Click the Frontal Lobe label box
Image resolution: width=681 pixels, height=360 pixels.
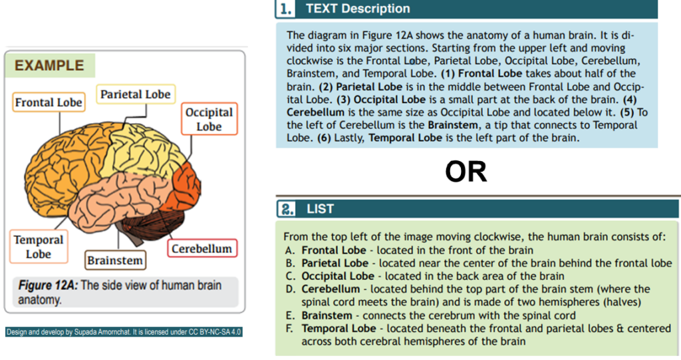click(49, 102)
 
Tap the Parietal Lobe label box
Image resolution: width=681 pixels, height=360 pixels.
click(136, 94)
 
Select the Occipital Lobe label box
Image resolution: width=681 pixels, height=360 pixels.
click(209, 118)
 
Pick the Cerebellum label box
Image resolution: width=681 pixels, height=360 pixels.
click(202, 248)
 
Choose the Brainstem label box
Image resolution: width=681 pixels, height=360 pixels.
click(115, 260)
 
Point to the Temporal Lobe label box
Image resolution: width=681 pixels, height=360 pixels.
click(39, 246)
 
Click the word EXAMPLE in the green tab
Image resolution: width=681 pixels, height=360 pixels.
click(49, 65)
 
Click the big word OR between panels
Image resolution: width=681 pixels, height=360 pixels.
click(466, 172)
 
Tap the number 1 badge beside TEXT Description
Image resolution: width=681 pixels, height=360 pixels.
click(285, 9)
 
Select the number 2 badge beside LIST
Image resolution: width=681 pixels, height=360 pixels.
click(287, 209)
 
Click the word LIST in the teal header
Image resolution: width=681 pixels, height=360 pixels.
click(320, 209)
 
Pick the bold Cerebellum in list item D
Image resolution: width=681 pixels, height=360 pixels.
click(331, 289)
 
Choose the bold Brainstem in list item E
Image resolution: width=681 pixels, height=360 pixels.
click(327, 315)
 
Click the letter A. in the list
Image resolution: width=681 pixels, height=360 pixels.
click(290, 250)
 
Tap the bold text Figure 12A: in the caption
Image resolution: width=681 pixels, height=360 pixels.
click(48, 285)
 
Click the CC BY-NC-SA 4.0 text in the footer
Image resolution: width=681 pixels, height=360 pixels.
click(215, 332)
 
